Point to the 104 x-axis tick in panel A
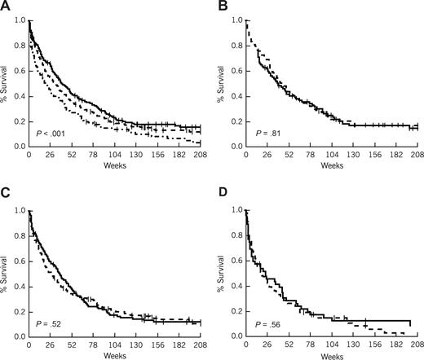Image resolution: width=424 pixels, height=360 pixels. click(113, 155)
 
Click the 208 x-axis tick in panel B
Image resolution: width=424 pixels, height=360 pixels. click(414, 155)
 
